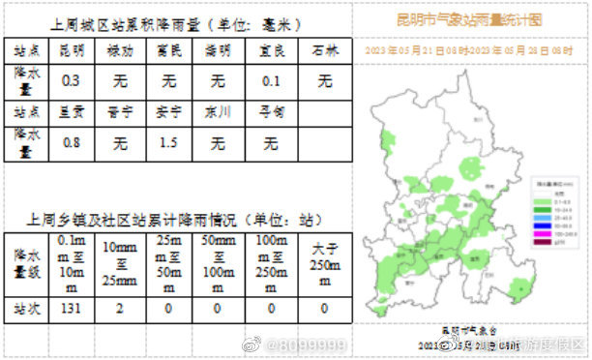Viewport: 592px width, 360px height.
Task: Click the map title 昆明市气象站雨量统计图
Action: (470, 18)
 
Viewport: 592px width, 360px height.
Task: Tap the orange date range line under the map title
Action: (470, 48)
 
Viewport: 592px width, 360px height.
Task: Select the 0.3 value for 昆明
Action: (71, 81)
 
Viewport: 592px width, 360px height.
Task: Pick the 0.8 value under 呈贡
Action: (71, 144)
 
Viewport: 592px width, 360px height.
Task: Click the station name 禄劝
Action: (120, 50)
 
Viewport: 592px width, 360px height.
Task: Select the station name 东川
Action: (219, 111)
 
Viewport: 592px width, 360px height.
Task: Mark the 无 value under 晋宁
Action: (120, 144)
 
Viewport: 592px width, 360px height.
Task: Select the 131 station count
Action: (71, 309)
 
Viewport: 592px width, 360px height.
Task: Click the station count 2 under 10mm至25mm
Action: (120, 309)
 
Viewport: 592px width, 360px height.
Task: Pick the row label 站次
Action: (26, 309)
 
